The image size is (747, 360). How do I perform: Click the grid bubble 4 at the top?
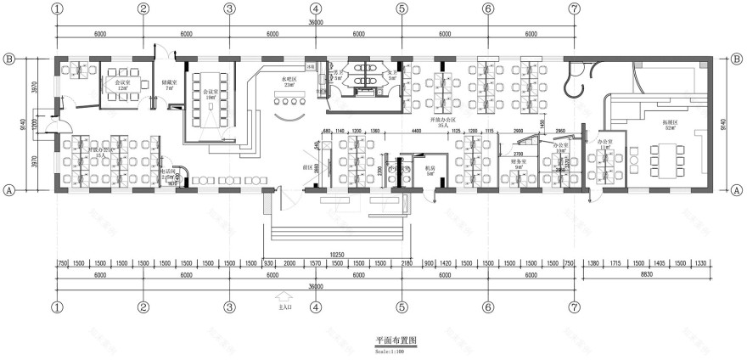pos(316,9)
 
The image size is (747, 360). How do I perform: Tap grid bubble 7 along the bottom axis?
pos(575,307)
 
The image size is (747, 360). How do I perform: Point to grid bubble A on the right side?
pos(734,191)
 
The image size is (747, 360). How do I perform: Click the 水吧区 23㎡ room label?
pos(293,82)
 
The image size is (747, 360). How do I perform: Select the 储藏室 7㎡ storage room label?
pos(168,85)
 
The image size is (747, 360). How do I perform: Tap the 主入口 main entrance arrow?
pos(285,299)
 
